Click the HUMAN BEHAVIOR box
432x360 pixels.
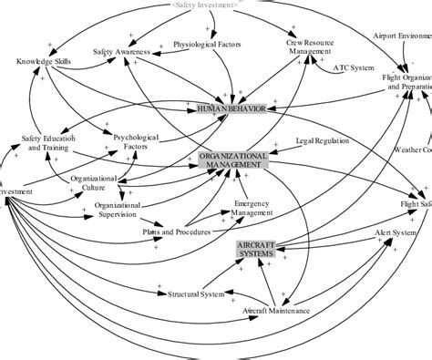[231, 108]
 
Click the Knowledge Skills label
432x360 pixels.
[42, 61]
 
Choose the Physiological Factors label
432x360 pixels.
[207, 44]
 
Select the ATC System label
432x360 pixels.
[354, 67]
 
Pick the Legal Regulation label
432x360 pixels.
[324, 142]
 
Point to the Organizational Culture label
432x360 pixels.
[93, 184]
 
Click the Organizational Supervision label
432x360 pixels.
[120, 211]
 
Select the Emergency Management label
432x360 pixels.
[252, 208]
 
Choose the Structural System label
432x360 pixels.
[195, 293]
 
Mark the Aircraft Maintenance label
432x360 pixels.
[276, 311]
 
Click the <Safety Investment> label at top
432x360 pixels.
[205, 5]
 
